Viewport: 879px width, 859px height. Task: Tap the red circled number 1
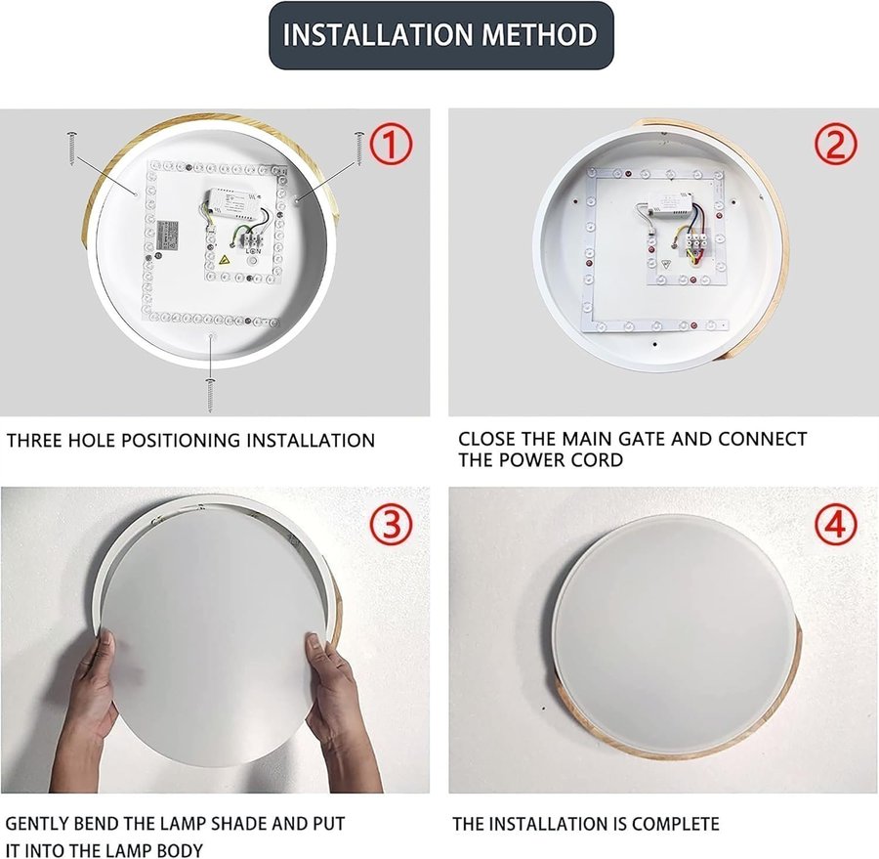[391, 145]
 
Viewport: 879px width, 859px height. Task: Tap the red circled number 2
[835, 144]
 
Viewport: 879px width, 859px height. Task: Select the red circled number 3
[391, 526]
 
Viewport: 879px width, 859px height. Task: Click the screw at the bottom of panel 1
[210, 395]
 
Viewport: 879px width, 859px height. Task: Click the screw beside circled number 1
[358, 149]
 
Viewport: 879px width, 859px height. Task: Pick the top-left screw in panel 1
[71, 149]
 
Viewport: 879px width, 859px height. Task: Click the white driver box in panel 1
[232, 202]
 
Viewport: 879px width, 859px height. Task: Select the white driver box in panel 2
[668, 204]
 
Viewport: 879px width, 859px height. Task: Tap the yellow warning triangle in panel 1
[226, 260]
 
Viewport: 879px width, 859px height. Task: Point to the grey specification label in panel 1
[168, 236]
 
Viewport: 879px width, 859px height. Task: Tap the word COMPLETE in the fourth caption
[676, 824]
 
